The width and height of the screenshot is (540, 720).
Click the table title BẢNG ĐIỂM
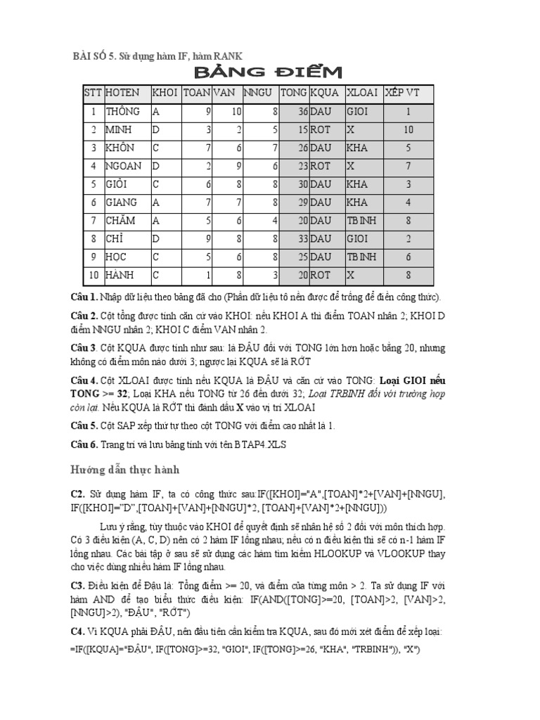coord(268,72)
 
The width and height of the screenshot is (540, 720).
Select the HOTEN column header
coord(122,93)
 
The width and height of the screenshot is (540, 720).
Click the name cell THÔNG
coord(123,111)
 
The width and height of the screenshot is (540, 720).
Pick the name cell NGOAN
coord(124,167)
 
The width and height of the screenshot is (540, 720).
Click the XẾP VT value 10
coord(409,130)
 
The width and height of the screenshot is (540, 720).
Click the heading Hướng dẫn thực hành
coord(125,469)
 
